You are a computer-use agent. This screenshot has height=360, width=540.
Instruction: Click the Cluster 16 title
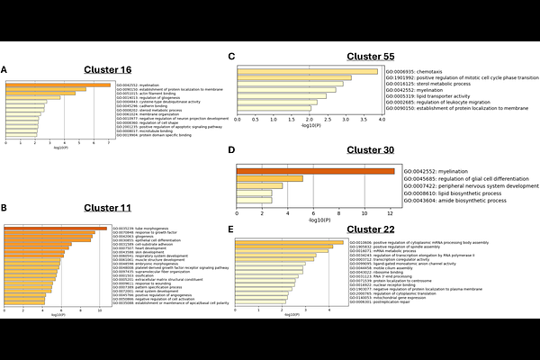click(x=108, y=69)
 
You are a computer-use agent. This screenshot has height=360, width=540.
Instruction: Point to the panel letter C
click(x=232, y=56)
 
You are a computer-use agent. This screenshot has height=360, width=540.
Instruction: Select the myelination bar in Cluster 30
click(x=315, y=171)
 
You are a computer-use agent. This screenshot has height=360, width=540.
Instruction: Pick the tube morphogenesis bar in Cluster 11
click(x=56, y=229)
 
